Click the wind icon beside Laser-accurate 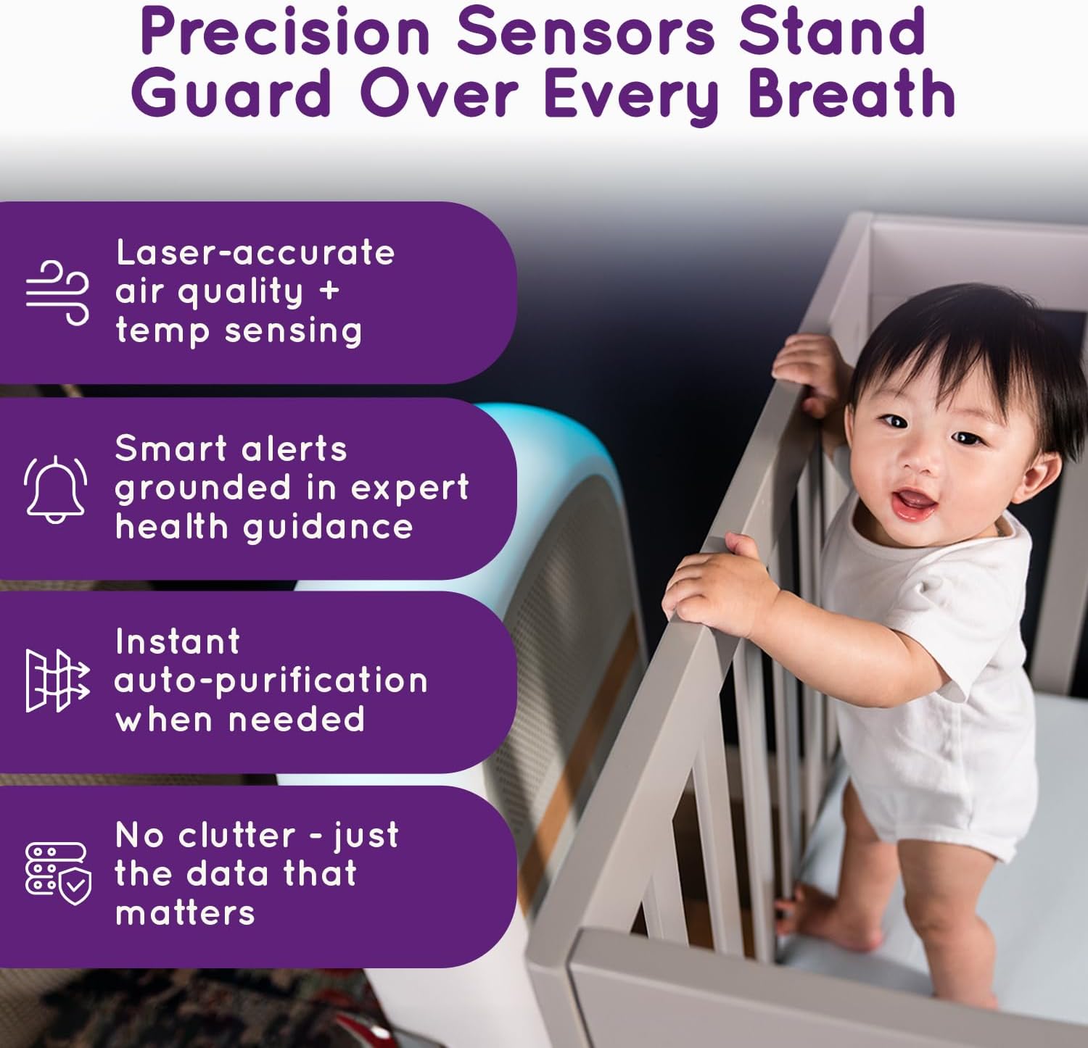pyautogui.click(x=57, y=292)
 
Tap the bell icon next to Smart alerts pyautogui.click(x=56, y=488)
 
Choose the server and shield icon pyautogui.click(x=58, y=873)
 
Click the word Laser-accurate pyautogui.click(x=255, y=253)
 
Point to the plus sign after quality pyautogui.click(x=329, y=291)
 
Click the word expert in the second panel pyautogui.click(x=410, y=488)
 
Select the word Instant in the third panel pyautogui.click(x=178, y=641)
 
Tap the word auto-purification pyautogui.click(x=271, y=681)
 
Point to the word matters pyautogui.click(x=185, y=913)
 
